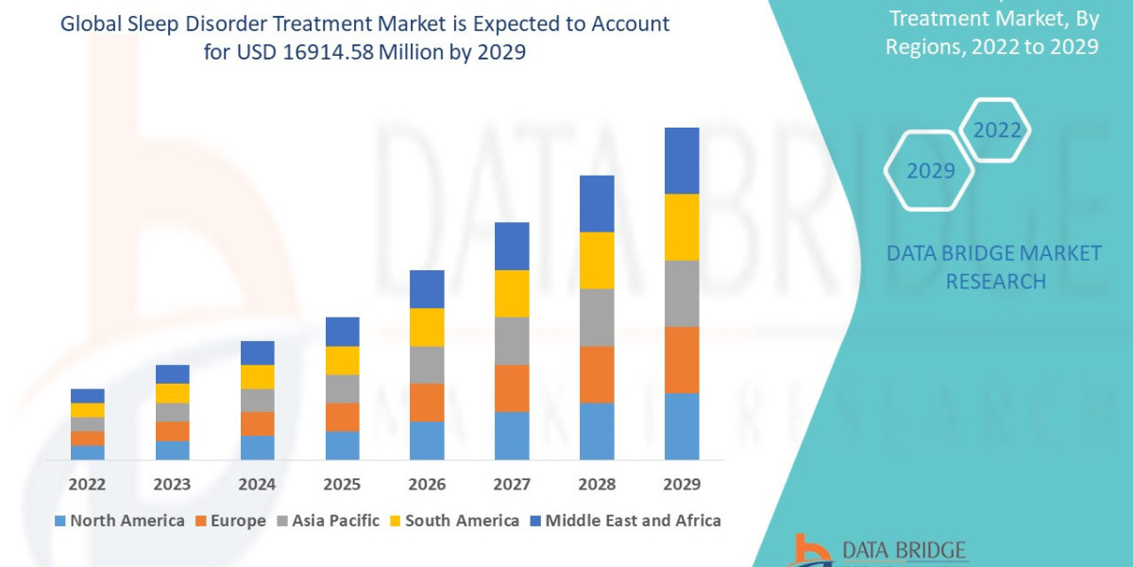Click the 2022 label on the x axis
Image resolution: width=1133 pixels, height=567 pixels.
(x=87, y=484)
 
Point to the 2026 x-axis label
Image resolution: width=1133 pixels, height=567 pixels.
(x=427, y=484)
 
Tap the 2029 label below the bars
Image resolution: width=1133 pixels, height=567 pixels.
(x=682, y=484)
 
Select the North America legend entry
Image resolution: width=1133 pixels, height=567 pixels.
(x=120, y=521)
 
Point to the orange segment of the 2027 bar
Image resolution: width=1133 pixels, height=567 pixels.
(x=512, y=388)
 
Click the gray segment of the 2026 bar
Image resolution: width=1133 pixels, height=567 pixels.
(x=427, y=365)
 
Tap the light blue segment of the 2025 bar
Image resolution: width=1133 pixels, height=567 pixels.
(x=343, y=445)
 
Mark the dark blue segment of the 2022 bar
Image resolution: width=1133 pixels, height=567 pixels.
(x=88, y=396)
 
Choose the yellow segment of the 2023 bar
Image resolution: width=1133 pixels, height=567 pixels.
(x=173, y=393)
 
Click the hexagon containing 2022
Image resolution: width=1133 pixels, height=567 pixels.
(x=995, y=130)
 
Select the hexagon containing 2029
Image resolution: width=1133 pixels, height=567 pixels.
(x=929, y=171)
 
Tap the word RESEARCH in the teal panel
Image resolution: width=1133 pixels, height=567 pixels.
(x=995, y=282)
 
